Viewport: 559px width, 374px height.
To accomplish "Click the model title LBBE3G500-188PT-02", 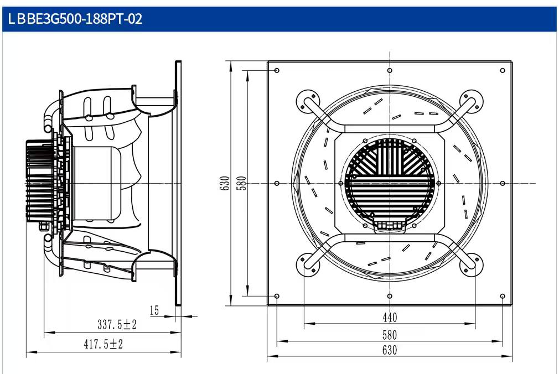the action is (x=75, y=19).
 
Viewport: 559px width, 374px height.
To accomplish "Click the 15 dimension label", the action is (x=154, y=310).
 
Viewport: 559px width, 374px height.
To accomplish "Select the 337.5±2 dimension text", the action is (x=117, y=324).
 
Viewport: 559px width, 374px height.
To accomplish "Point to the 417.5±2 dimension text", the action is (x=103, y=344).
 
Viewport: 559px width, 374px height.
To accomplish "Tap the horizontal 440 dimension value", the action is (x=390, y=318).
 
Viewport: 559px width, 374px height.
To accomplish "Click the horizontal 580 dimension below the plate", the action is (x=390, y=335).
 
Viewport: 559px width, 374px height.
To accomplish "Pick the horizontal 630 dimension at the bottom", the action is (x=390, y=350).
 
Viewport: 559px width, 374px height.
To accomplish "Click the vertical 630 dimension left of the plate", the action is (x=225, y=183).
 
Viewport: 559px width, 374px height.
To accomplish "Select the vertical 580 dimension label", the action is (x=242, y=183).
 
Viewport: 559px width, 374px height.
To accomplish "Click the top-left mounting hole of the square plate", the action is (x=277, y=71).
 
